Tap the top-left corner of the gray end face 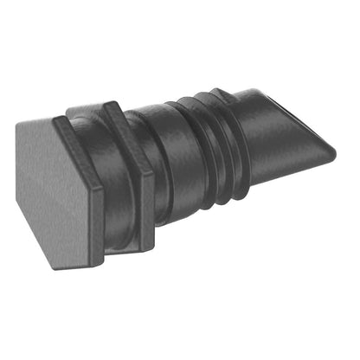coord(19,121)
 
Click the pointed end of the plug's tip coord(334,156)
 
